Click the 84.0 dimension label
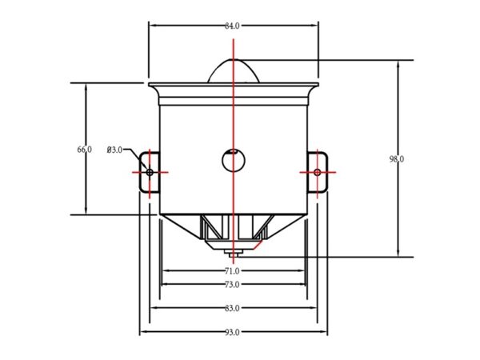click(x=232, y=26)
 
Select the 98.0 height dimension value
click(x=397, y=159)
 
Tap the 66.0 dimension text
click(x=84, y=150)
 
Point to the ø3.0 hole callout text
click(x=114, y=150)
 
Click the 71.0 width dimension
click(x=232, y=271)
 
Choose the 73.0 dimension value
click(x=232, y=285)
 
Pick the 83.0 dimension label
click(x=232, y=308)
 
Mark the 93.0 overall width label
click(x=232, y=333)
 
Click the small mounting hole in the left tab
click(x=150, y=172)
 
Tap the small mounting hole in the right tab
click(x=318, y=172)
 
